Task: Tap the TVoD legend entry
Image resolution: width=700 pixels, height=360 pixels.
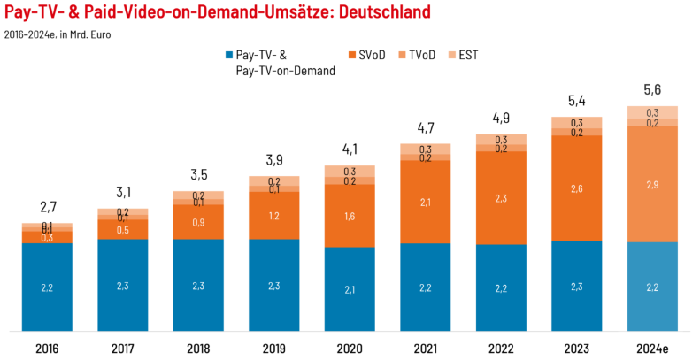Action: click(430, 55)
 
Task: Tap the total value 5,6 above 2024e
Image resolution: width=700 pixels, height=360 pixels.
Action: click(653, 92)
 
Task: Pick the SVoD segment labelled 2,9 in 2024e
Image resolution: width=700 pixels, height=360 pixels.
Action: click(653, 184)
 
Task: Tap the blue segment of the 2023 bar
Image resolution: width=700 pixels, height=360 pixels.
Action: click(577, 286)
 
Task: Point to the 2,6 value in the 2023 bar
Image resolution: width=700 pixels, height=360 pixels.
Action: click(577, 188)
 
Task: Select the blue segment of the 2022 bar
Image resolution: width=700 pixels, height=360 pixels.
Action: click(501, 287)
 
